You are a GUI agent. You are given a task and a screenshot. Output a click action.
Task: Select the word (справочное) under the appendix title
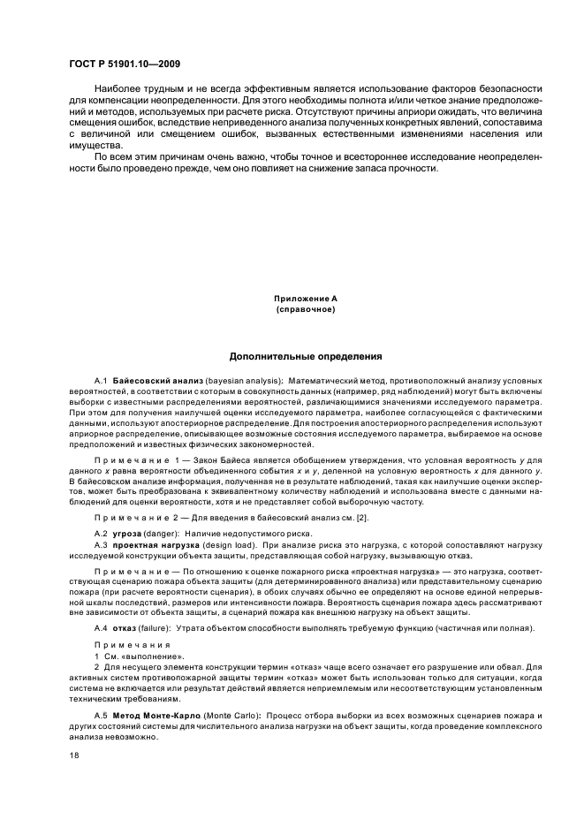(305, 310)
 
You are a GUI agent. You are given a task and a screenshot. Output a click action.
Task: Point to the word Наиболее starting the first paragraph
(118, 89)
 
